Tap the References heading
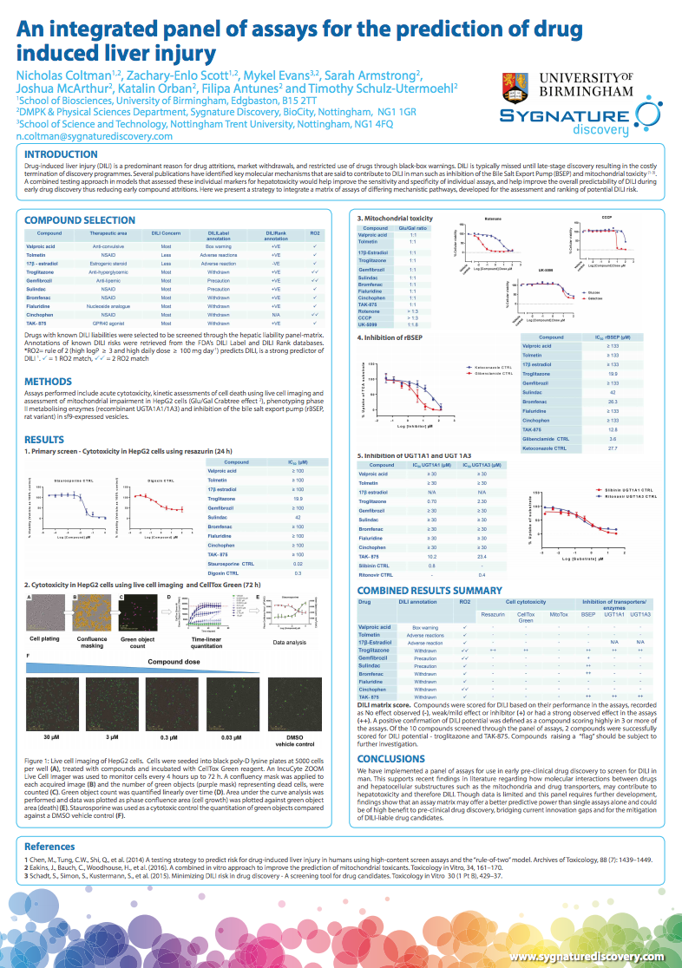pyautogui.click(x=49, y=846)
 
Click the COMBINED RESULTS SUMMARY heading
pyautogui.click(x=430, y=590)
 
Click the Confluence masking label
pyautogui.click(x=91, y=641)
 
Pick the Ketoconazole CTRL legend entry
pyautogui.click(x=419, y=367)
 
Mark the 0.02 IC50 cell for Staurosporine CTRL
pyautogui.click(x=298, y=563)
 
